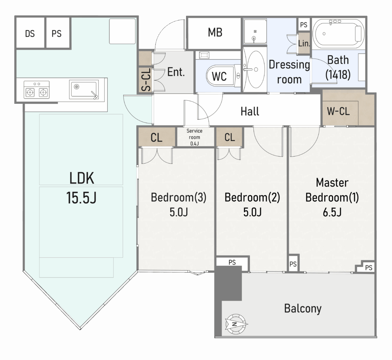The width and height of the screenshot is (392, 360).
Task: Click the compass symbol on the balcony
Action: [x=236, y=323]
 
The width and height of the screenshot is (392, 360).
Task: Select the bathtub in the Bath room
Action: [x=337, y=33]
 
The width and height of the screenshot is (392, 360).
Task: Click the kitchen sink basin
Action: [x=84, y=89]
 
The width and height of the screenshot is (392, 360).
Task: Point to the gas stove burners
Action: [x=37, y=90]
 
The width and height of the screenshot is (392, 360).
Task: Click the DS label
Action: [x=30, y=34]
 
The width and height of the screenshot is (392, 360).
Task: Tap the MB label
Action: [x=215, y=33]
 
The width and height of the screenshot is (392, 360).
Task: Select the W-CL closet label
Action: [x=338, y=111]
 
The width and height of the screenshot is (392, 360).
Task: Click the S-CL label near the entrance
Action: [x=146, y=80]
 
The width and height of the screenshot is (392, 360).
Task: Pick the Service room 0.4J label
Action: [x=194, y=137]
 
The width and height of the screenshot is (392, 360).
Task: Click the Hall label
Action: [x=250, y=111]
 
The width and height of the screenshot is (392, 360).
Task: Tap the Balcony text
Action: [x=302, y=308]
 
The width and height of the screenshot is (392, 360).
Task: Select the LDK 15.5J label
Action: [x=82, y=188]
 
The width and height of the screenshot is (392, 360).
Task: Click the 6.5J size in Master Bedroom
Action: [x=332, y=212]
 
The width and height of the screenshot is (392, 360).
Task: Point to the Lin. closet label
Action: [x=304, y=43]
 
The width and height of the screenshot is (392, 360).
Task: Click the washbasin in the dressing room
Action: [x=255, y=69]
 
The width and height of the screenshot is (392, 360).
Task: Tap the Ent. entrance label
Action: [x=176, y=72]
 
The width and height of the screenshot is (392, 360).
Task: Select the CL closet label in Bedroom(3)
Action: [x=157, y=138]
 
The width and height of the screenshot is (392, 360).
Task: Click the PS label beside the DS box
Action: [x=56, y=34]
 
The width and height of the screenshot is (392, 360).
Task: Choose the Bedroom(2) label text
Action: [x=252, y=198]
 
